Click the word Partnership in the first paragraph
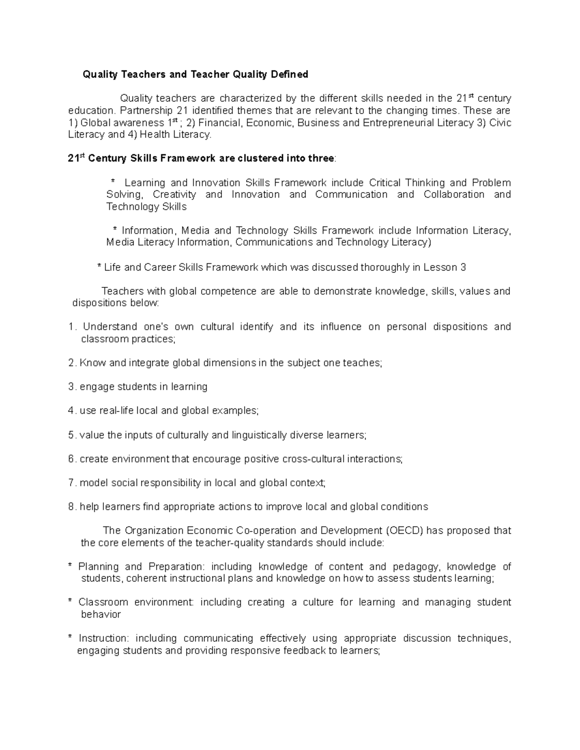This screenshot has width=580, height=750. click(x=144, y=111)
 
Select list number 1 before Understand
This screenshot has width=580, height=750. click(x=72, y=327)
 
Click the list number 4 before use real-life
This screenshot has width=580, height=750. click(x=72, y=411)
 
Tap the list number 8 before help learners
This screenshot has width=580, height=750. click(x=72, y=507)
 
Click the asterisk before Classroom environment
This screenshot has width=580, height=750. click(x=71, y=602)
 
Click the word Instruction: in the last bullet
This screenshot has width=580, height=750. click(x=103, y=638)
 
